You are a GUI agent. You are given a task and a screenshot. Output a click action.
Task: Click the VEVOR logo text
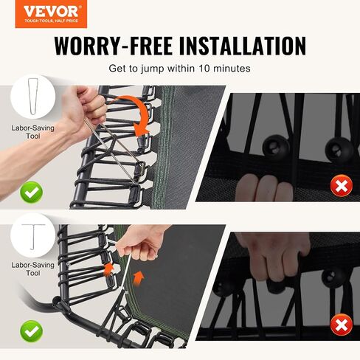(51, 11)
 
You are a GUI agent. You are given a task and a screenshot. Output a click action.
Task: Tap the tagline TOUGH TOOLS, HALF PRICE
(51, 21)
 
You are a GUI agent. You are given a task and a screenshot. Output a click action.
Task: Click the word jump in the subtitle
(152, 69)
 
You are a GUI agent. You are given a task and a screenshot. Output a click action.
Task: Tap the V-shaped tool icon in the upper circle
(32, 96)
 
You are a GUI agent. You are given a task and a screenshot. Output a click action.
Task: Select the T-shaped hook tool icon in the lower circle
(33, 237)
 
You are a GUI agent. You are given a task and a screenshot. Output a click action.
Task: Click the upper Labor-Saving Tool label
(33, 132)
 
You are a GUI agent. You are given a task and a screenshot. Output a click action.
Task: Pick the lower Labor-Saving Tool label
(33, 269)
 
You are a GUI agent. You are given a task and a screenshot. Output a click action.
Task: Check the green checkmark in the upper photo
(31, 193)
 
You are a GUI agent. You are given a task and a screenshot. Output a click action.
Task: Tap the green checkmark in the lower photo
(31, 331)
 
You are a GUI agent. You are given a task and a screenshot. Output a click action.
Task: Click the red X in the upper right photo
(342, 185)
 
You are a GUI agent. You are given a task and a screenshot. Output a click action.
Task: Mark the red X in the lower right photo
(342, 325)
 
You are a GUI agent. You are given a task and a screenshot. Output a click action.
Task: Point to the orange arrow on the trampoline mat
(139, 278)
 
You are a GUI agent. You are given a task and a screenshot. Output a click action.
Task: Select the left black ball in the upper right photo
(275, 147)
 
